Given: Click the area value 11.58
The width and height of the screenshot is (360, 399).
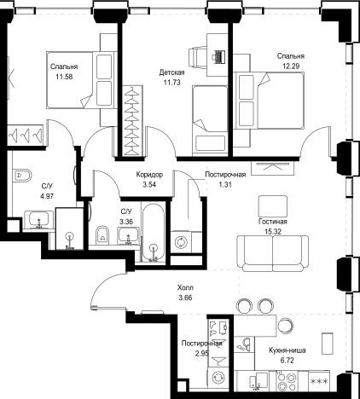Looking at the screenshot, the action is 64,77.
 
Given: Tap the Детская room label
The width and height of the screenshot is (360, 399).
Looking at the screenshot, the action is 171,72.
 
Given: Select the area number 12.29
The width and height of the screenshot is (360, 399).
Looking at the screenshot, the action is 291,66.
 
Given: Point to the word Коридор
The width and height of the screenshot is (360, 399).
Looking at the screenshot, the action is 149,175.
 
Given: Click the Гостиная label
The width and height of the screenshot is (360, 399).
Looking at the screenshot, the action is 273,222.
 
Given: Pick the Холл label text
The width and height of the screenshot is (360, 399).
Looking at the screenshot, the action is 185,288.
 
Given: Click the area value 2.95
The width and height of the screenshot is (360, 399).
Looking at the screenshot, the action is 201,354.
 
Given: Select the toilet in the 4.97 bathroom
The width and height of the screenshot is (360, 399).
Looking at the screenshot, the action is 22,176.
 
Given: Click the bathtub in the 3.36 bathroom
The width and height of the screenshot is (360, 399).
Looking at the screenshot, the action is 154,232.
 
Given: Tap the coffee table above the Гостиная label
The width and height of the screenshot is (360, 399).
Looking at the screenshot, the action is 273,205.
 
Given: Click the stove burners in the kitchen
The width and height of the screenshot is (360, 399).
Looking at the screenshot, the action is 286,382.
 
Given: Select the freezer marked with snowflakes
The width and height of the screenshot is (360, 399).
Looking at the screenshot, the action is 319,381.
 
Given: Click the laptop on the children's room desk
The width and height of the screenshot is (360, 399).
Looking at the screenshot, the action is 219,56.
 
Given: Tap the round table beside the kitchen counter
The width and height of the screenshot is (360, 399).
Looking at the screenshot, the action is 285,325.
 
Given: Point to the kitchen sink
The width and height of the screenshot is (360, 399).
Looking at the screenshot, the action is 258,381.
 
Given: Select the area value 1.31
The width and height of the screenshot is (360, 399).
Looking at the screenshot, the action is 225,185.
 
